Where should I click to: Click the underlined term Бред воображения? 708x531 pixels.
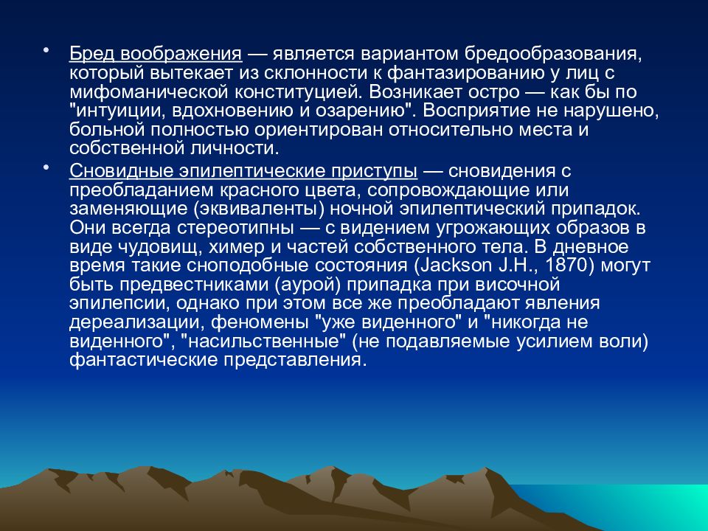[x=156, y=55]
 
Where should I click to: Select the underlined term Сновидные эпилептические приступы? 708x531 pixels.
[x=244, y=172]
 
